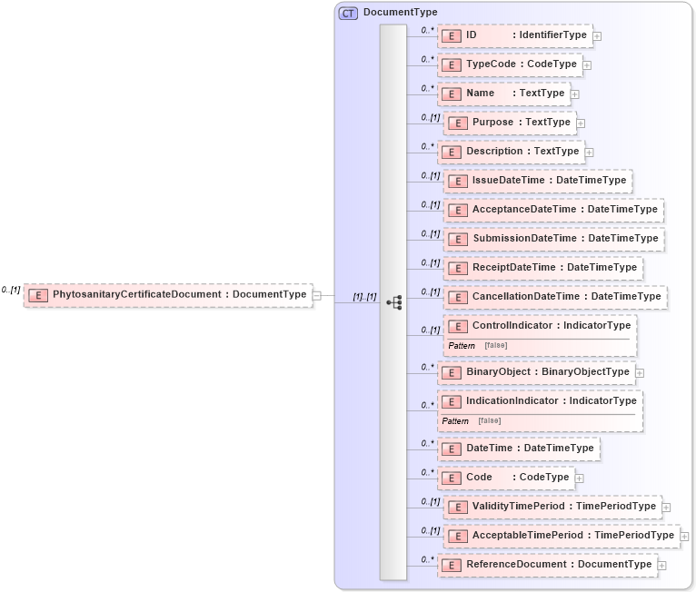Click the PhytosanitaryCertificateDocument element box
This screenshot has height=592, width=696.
168,295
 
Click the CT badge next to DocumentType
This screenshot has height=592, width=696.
348,13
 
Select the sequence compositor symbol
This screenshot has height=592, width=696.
394,302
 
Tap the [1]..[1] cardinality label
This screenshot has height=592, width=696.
364,297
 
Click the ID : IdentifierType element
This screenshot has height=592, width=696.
514,35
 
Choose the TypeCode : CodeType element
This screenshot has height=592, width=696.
510,64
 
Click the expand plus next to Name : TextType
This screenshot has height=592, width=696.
575,94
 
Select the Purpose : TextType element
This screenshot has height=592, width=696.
510,123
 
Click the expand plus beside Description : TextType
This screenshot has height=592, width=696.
589,152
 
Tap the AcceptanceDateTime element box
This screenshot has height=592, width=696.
553,210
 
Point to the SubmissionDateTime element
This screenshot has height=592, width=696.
553,239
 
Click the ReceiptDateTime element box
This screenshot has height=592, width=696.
543,268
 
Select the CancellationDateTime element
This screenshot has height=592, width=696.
555,297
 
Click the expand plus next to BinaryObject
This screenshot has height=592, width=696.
640,372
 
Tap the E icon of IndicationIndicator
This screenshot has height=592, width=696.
452,401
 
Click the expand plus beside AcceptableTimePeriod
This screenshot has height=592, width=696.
684,537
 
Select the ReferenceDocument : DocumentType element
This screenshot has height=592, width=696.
547,565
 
